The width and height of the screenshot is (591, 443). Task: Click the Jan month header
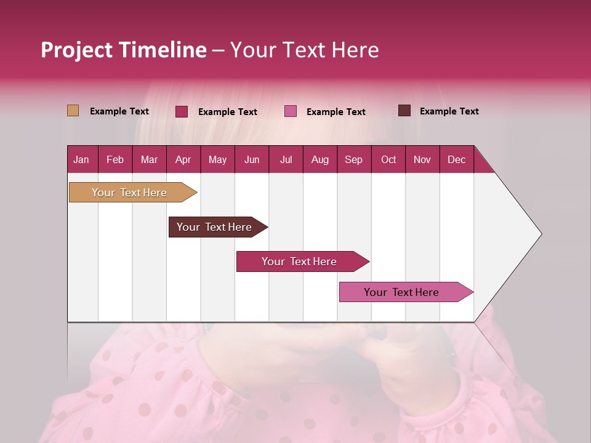81,159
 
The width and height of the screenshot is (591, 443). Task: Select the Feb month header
115,159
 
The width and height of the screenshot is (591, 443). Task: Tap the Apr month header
183,159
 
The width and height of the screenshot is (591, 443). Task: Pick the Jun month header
252,159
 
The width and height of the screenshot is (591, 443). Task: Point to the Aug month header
320,159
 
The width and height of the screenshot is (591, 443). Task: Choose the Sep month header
353,159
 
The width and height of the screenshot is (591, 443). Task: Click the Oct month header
388,159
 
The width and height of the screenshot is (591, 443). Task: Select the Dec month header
456,159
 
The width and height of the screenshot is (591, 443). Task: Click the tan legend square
73,111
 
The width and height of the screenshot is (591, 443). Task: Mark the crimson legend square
182,111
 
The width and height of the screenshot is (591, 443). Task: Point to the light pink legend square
291,111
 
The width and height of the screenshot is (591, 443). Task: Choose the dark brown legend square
404,111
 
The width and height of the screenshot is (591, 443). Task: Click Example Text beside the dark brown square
449,111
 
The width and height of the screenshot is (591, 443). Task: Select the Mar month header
149,159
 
